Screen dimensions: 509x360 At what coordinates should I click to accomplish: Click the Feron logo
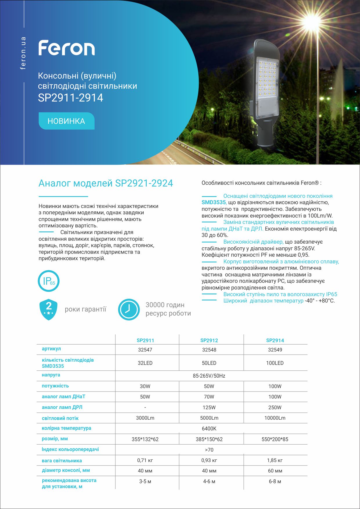pos(67,48)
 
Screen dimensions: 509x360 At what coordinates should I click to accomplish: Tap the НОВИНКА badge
pos(66,121)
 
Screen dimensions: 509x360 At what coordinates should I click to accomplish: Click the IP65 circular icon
pos(48,281)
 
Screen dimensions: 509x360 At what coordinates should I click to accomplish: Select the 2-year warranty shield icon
pos(48,309)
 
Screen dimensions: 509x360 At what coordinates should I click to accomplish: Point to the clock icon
pos(129,309)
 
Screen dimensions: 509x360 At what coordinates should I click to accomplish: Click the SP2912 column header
pos(209,340)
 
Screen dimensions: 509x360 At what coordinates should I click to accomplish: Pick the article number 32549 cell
pos(275,350)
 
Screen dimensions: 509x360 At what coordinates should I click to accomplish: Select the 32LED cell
pos(145,363)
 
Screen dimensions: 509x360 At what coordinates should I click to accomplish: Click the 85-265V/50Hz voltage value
pos(209,376)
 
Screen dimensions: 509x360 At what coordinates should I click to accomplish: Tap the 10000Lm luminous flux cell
pos(275,418)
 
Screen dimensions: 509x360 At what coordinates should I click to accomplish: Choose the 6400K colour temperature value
pos(209,428)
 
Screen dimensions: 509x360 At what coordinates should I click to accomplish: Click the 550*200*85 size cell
pos(275,439)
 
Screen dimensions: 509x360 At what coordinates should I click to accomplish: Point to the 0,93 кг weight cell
pos(209,460)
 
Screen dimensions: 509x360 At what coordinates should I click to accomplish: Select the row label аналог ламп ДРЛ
pos(62,407)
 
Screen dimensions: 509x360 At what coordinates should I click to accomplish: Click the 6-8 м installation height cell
pos(275,481)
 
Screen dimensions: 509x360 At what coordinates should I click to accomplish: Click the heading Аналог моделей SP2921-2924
pos(106,183)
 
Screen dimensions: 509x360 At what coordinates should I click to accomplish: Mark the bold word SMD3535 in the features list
pos(214,202)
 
